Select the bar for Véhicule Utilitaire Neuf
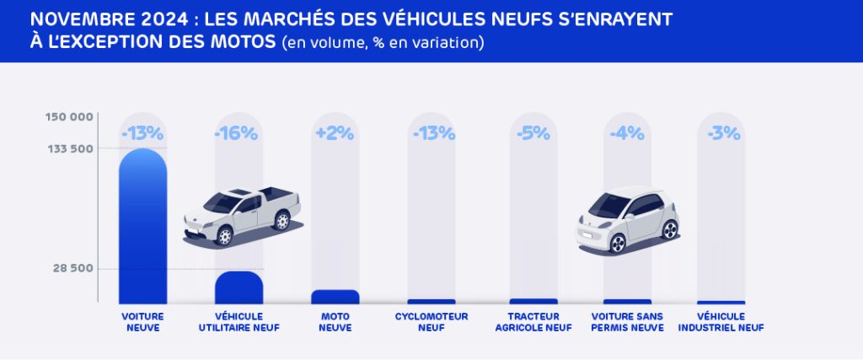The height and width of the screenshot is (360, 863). pyautogui.click(x=239, y=287)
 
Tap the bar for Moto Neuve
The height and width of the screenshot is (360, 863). pyautogui.click(x=335, y=297)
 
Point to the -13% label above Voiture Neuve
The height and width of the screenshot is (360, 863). pyautogui.click(x=142, y=133)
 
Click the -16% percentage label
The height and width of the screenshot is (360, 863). pyautogui.click(x=239, y=133)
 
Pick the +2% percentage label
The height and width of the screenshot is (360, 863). pyautogui.click(x=335, y=133)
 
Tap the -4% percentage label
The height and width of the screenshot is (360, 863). pyautogui.click(x=627, y=133)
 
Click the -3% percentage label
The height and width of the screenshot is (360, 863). pyautogui.click(x=721, y=133)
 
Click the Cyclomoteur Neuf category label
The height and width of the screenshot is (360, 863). pyautogui.click(x=431, y=322)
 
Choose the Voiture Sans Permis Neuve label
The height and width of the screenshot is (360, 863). pyautogui.click(x=627, y=322)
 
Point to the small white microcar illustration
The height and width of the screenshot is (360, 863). pyautogui.click(x=627, y=221)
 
